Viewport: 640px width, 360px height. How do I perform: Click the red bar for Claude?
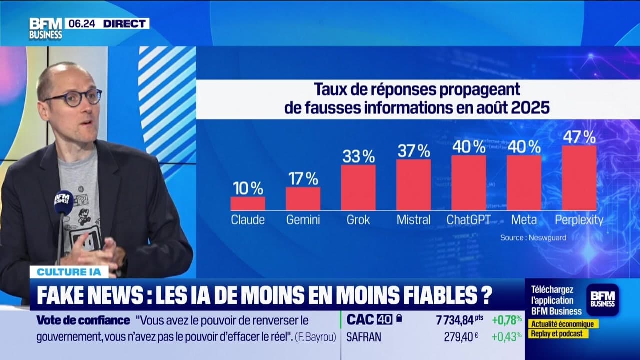(x=248, y=203)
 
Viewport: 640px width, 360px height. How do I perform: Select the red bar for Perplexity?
(x=579, y=178)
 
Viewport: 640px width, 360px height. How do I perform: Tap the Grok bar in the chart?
(x=358, y=187)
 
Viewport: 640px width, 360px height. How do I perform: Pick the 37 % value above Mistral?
(x=413, y=150)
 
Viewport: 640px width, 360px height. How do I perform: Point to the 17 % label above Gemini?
(x=303, y=178)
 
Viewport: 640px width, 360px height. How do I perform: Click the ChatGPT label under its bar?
(x=468, y=220)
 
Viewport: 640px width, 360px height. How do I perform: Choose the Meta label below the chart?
(x=524, y=220)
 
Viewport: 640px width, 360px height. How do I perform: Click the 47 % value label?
(x=579, y=136)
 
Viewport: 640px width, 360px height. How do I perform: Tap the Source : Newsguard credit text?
(x=533, y=238)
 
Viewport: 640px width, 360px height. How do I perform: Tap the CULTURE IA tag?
(x=69, y=272)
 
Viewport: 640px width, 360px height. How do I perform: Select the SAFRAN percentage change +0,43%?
(x=507, y=337)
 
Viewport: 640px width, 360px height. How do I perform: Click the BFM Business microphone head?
(x=64, y=201)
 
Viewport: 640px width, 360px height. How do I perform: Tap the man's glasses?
(x=73, y=97)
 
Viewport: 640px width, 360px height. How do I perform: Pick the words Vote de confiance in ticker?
(x=83, y=320)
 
